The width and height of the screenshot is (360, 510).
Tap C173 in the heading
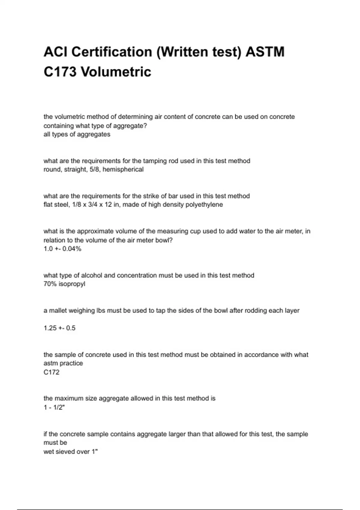click(60, 72)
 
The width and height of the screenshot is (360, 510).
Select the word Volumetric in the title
click(116, 72)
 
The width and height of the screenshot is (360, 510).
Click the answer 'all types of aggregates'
click(77, 134)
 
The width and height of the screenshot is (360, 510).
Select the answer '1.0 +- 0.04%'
click(62, 249)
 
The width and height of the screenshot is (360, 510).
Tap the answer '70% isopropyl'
click(64, 284)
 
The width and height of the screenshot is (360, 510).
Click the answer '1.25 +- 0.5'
click(59, 328)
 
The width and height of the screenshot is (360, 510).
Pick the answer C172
click(51, 372)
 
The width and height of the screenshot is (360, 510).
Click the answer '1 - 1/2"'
click(54, 407)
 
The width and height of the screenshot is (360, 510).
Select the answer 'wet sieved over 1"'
click(70, 451)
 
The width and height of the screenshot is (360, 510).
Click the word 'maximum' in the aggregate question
click(68, 398)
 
